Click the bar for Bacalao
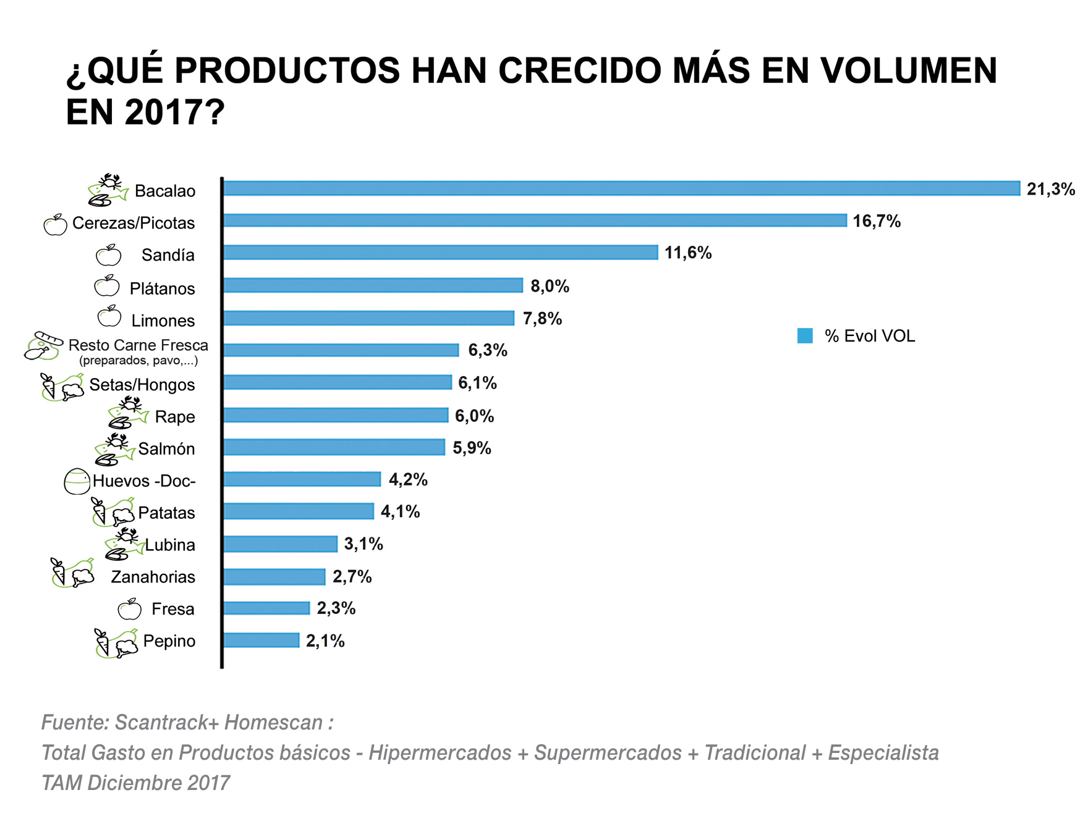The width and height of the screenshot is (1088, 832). pos(621,188)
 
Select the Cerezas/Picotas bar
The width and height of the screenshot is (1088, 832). pos(535,221)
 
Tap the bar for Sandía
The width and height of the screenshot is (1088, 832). pos(440,252)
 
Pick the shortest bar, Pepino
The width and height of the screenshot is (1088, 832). pos(261,641)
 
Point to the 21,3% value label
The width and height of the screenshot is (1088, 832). pos(1050,189)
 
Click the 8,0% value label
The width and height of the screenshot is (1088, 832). pos(550,286)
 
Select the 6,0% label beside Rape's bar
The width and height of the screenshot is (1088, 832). pos(474,416)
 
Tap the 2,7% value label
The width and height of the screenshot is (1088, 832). pos(352,576)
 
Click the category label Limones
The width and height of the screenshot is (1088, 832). pos(163,321)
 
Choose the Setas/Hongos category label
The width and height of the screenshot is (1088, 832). pos(142,385)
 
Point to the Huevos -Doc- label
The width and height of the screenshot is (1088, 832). pos(144,481)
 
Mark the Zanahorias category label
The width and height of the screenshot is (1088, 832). pos(153,577)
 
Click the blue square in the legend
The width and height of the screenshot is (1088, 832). pos(805,336)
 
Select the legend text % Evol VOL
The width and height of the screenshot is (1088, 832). pos(869,336)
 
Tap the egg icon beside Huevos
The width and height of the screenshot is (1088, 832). pos(77,481)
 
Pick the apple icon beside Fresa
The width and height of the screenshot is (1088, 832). pos(130,610)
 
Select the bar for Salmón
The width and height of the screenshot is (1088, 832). pos(334,447)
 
